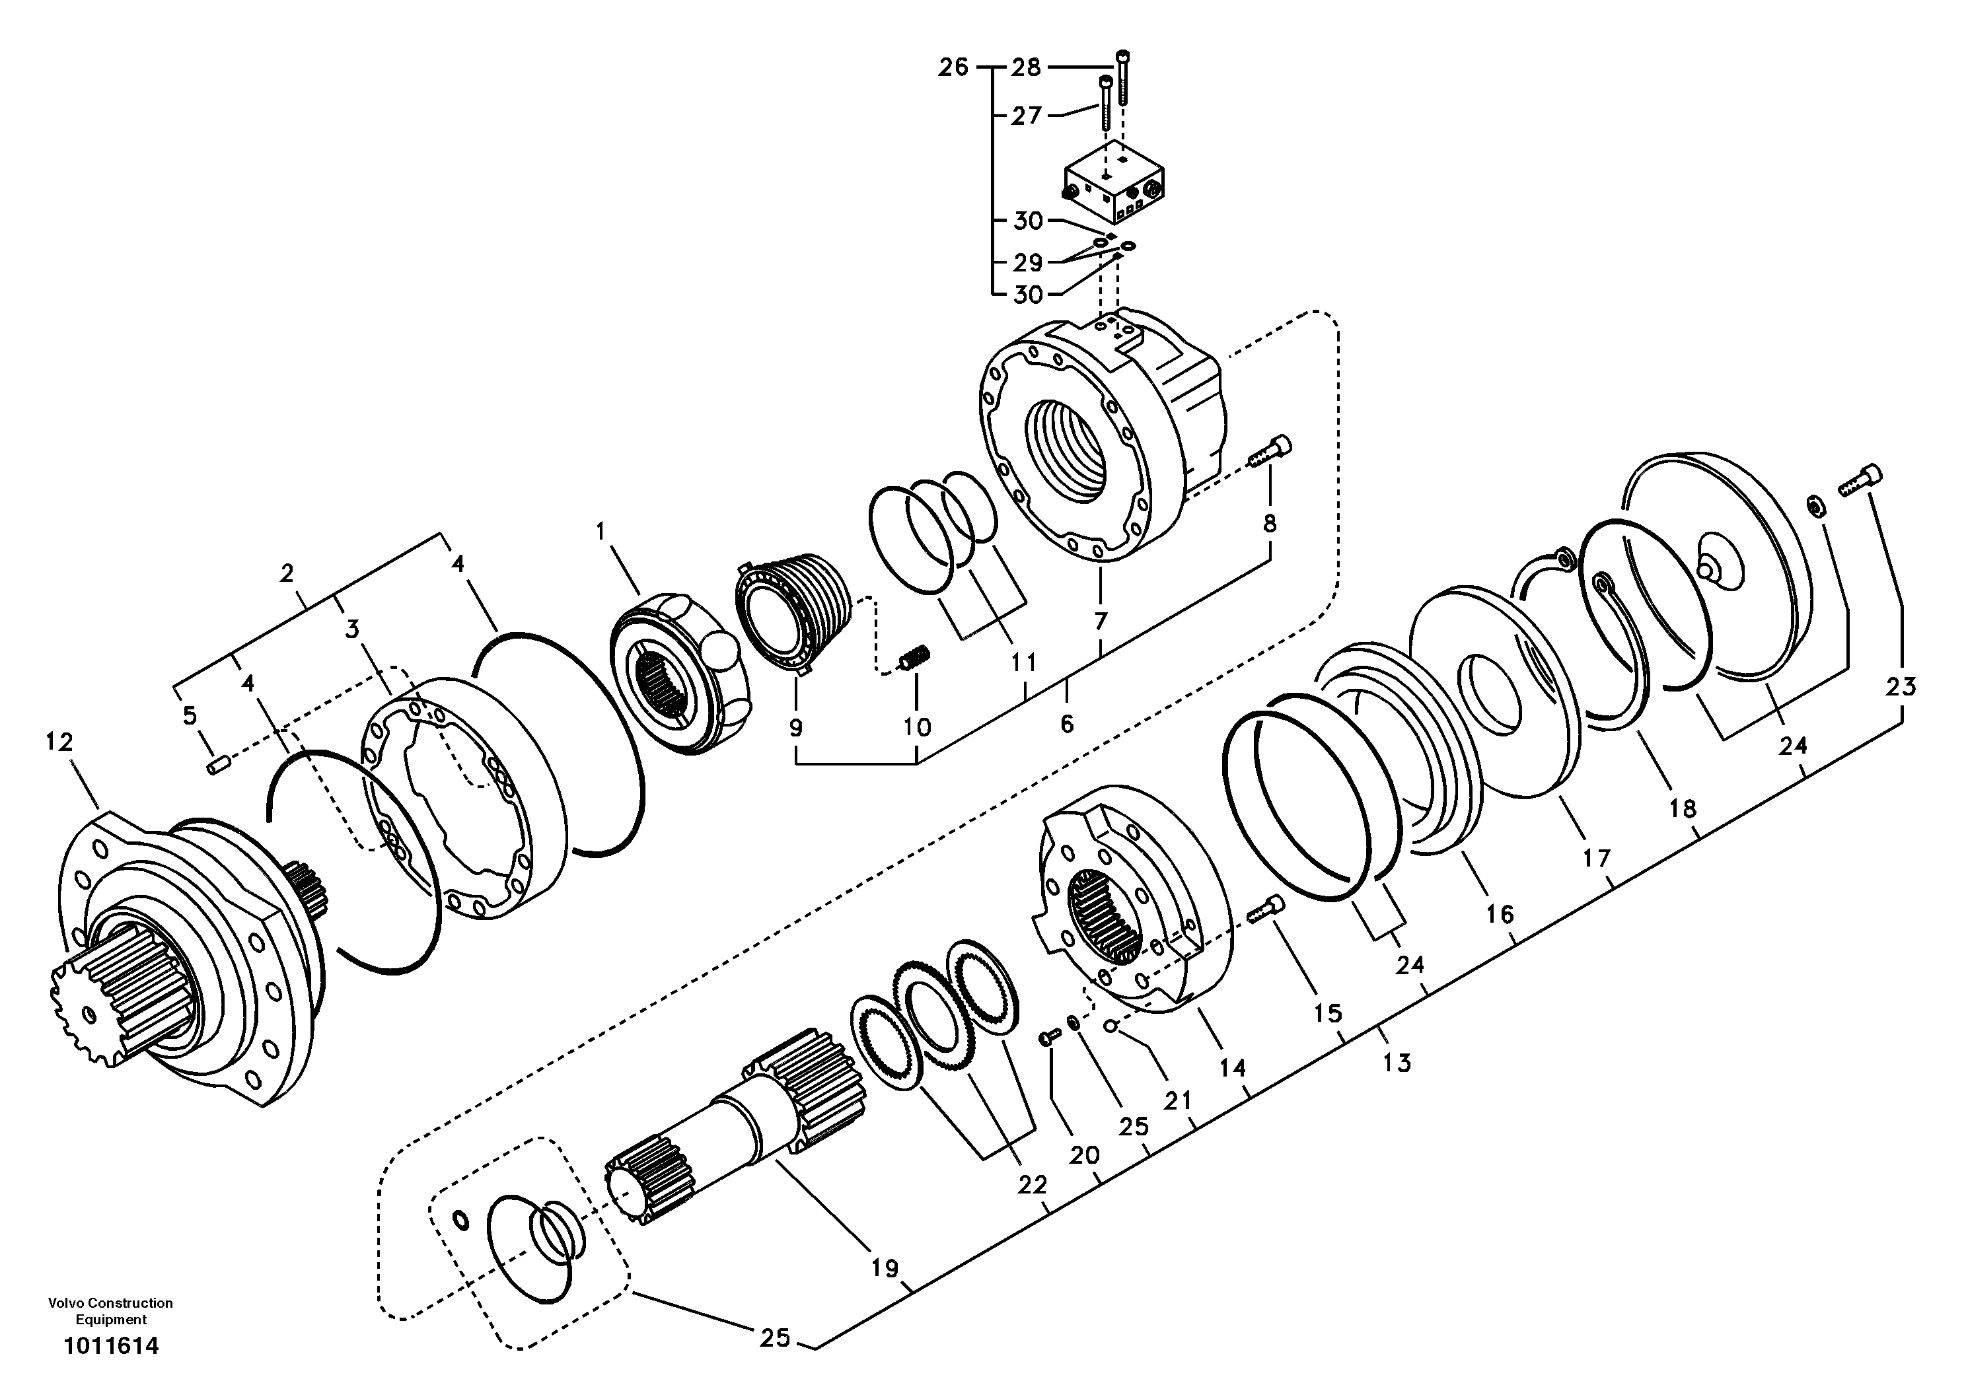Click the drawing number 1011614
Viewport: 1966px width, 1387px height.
point(112,1346)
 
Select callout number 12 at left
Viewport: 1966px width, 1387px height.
point(60,742)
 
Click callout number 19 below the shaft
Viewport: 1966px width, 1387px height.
point(884,1268)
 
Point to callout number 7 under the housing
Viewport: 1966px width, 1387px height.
point(1101,620)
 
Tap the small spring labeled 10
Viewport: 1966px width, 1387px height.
point(913,661)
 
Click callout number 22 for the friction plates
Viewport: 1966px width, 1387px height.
point(1032,1185)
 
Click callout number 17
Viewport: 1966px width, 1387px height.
point(1596,857)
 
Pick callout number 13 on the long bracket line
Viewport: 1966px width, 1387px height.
point(1397,1063)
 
